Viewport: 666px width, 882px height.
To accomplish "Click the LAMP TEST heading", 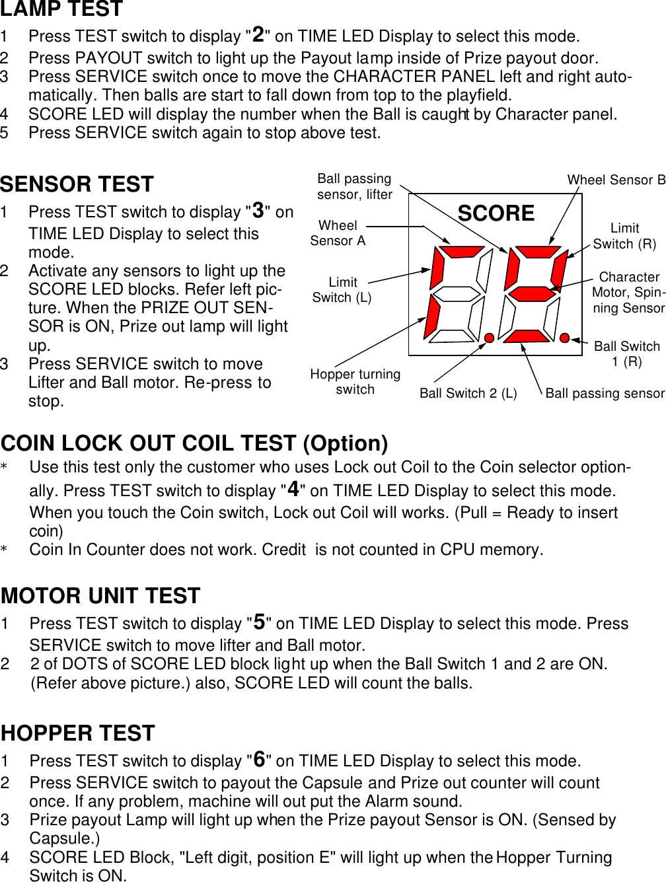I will point(61,9).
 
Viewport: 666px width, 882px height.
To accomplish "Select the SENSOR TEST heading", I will point(77,184).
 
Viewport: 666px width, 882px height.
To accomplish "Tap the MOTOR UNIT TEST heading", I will point(100,596).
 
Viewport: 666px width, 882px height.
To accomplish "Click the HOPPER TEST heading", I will point(78,733).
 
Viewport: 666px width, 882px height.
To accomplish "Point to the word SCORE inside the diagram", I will point(496,213).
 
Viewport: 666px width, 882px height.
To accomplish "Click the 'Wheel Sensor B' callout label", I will point(616,180).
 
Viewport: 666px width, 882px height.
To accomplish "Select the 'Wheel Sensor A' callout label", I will point(338,233).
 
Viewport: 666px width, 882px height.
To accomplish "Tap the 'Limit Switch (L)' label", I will point(342,290).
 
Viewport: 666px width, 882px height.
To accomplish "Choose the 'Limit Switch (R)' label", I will point(624,236).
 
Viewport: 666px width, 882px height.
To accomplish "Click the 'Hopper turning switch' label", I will point(355,382).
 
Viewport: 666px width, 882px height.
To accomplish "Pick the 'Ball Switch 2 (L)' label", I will point(468,394).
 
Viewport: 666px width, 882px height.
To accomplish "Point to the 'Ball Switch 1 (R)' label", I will point(626,353).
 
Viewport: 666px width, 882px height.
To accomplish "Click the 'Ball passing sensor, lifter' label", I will point(355,186).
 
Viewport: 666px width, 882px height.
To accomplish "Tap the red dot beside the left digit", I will point(489,338).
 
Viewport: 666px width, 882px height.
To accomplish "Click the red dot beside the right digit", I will point(564,338).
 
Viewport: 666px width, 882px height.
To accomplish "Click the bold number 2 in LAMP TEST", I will point(258,34).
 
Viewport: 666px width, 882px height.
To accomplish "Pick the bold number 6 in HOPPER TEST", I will point(260,759).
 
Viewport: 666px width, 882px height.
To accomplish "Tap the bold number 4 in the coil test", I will point(293,489).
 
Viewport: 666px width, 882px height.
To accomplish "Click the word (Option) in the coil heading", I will point(345,443).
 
